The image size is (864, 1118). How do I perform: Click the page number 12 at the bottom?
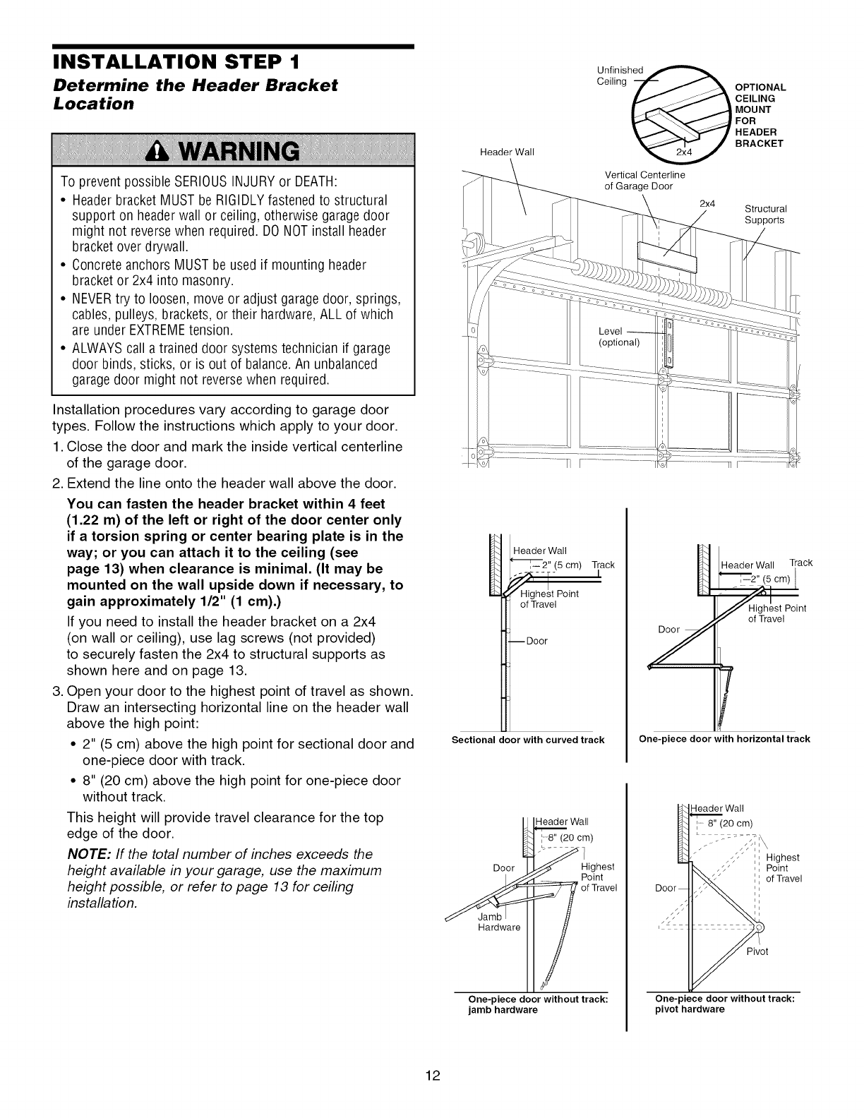tap(433, 1075)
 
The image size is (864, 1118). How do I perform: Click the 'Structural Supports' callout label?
tap(765, 215)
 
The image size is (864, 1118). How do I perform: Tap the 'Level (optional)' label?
tap(618, 337)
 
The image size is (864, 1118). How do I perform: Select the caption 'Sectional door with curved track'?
tap(528, 740)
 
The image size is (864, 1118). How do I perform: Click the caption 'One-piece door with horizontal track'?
tap(724, 739)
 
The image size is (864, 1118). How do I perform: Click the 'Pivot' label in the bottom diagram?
tap(757, 951)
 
